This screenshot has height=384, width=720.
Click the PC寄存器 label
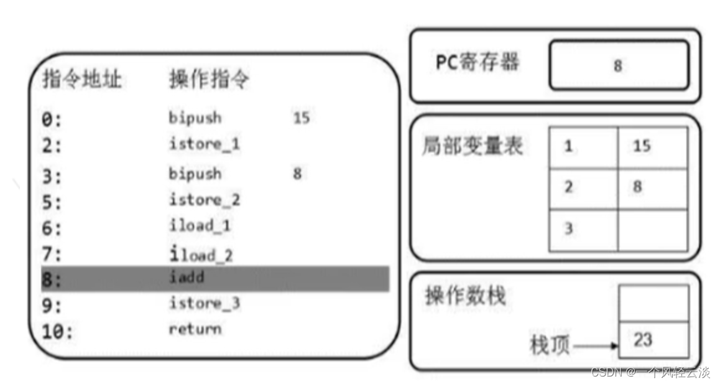tap(477, 62)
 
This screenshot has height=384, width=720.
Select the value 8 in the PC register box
tap(617, 66)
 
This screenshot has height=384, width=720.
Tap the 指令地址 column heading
tap(81, 78)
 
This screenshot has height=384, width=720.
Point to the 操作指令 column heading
tap(209, 78)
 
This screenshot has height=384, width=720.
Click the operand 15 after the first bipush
tap(301, 118)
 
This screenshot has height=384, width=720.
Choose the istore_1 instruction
tap(205, 144)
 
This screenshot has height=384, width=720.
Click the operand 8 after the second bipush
tap(297, 174)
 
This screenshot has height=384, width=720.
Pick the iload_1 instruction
tap(200, 226)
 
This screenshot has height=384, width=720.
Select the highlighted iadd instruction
tap(187, 277)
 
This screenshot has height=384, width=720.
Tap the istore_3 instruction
tap(205, 303)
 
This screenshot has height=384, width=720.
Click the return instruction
tap(195, 329)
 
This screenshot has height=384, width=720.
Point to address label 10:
tap(57, 332)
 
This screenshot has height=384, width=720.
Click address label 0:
tap(52, 120)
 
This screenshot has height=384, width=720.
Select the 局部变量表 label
tap(473, 146)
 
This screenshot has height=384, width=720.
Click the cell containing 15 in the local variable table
tap(653, 147)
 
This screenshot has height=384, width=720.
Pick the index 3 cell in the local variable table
tap(584, 230)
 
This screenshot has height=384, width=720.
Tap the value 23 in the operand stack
tap(642, 340)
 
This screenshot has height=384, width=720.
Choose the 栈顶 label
tap(549, 345)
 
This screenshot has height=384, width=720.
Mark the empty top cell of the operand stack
tap(654, 304)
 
